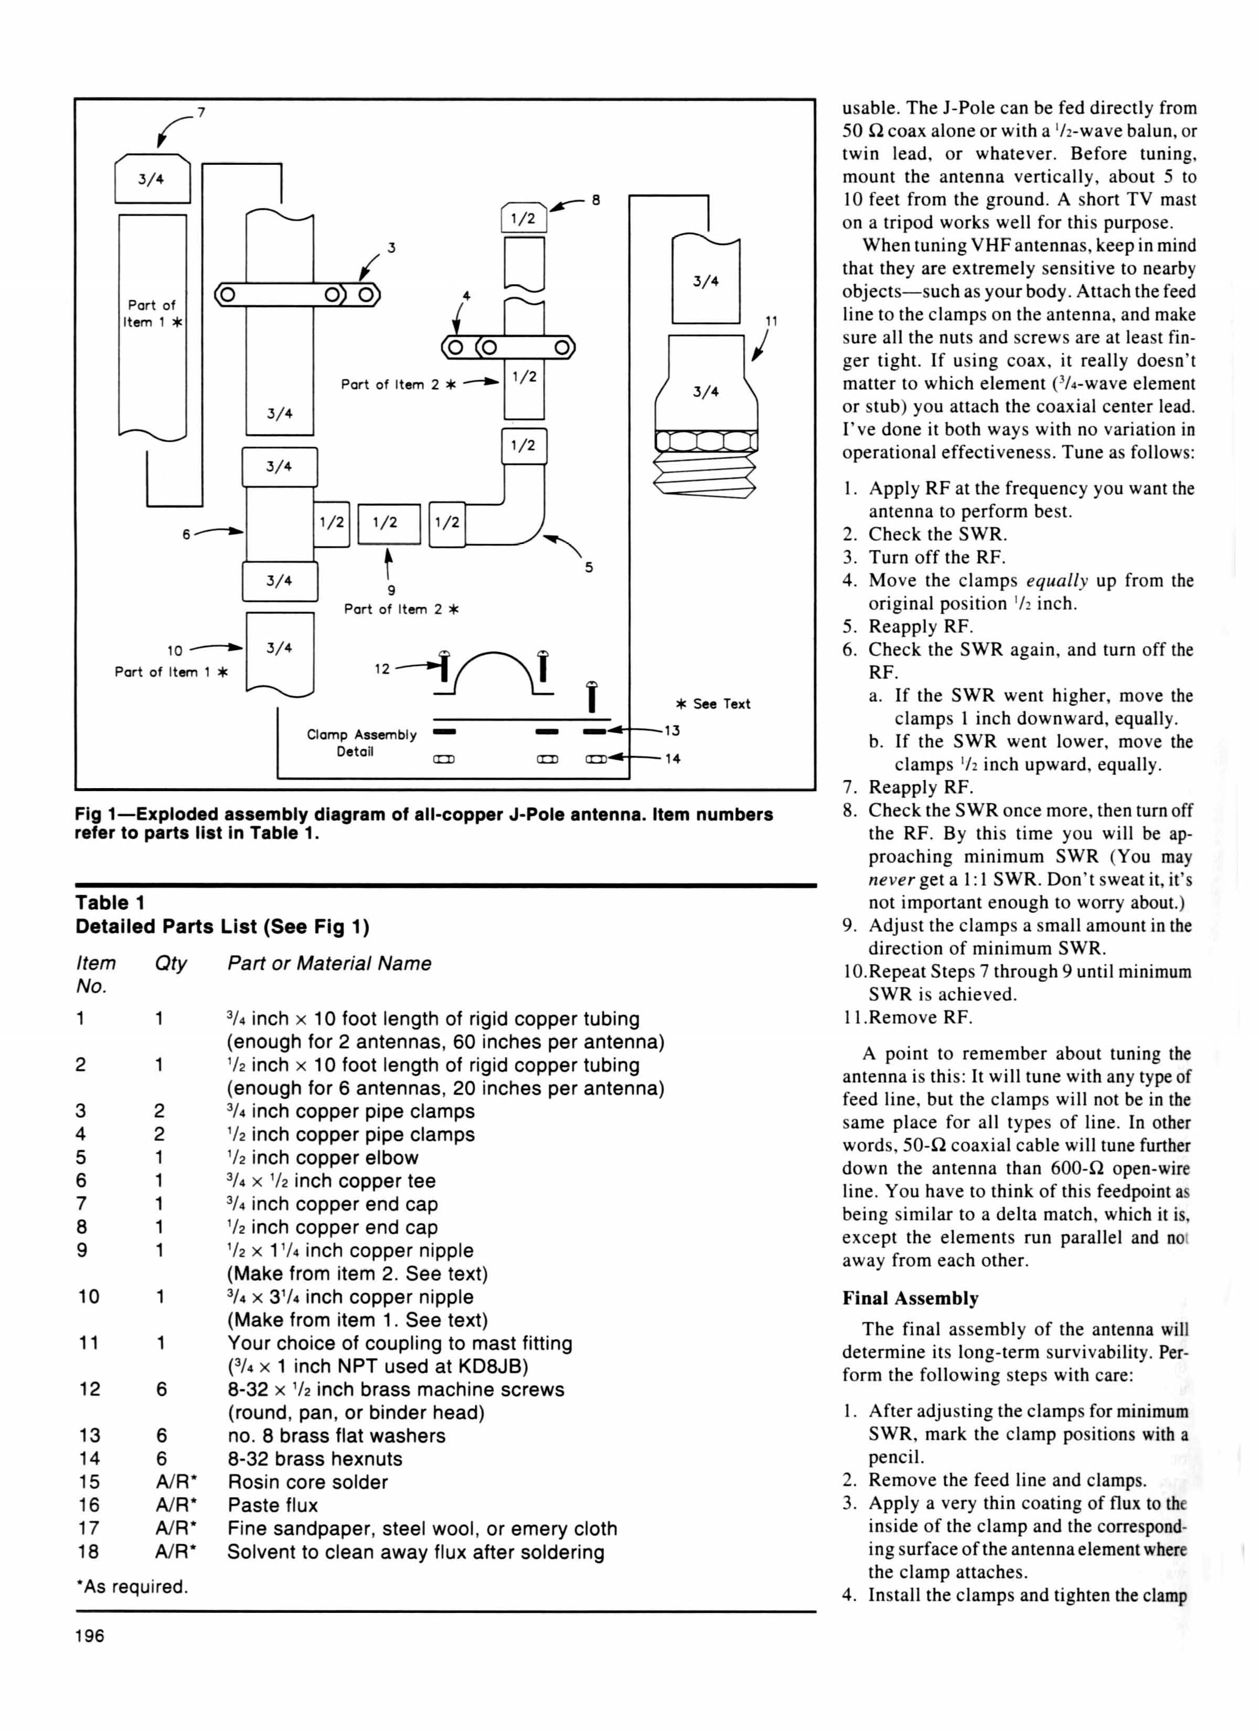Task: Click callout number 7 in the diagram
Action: (201, 113)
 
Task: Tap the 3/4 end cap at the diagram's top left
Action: (152, 178)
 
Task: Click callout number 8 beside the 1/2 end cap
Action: (596, 200)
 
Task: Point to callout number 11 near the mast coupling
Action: (772, 321)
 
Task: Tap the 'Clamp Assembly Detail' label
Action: (361, 742)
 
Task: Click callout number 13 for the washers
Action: (671, 730)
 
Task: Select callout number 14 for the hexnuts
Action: (672, 759)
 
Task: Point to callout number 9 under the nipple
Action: (391, 590)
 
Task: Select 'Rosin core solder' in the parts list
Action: (307, 1482)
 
